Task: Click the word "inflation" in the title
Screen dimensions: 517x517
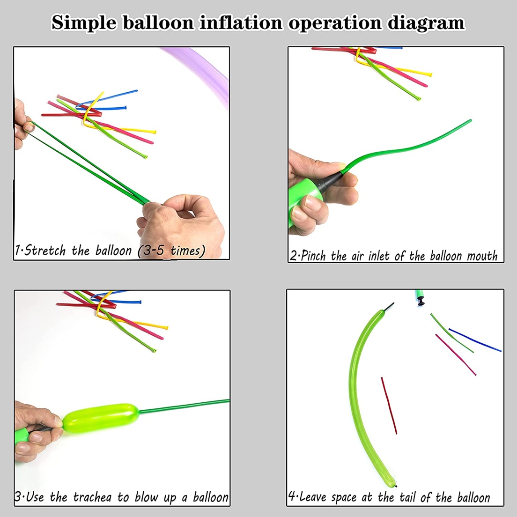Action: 241,22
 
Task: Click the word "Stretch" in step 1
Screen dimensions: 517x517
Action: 45,251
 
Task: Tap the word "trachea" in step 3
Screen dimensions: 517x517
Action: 92,497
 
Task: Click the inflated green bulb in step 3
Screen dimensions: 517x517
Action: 101,418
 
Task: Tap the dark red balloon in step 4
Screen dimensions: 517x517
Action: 389,406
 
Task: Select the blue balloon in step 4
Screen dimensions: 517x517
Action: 475,340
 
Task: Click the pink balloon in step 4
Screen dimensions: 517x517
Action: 456,355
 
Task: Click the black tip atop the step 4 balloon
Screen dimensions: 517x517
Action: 389,306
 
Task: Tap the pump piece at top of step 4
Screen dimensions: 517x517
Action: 420,297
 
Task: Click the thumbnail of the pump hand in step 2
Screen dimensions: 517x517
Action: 312,203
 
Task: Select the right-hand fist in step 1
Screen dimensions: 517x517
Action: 181,226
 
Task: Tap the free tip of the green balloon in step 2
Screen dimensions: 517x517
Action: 470,121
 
